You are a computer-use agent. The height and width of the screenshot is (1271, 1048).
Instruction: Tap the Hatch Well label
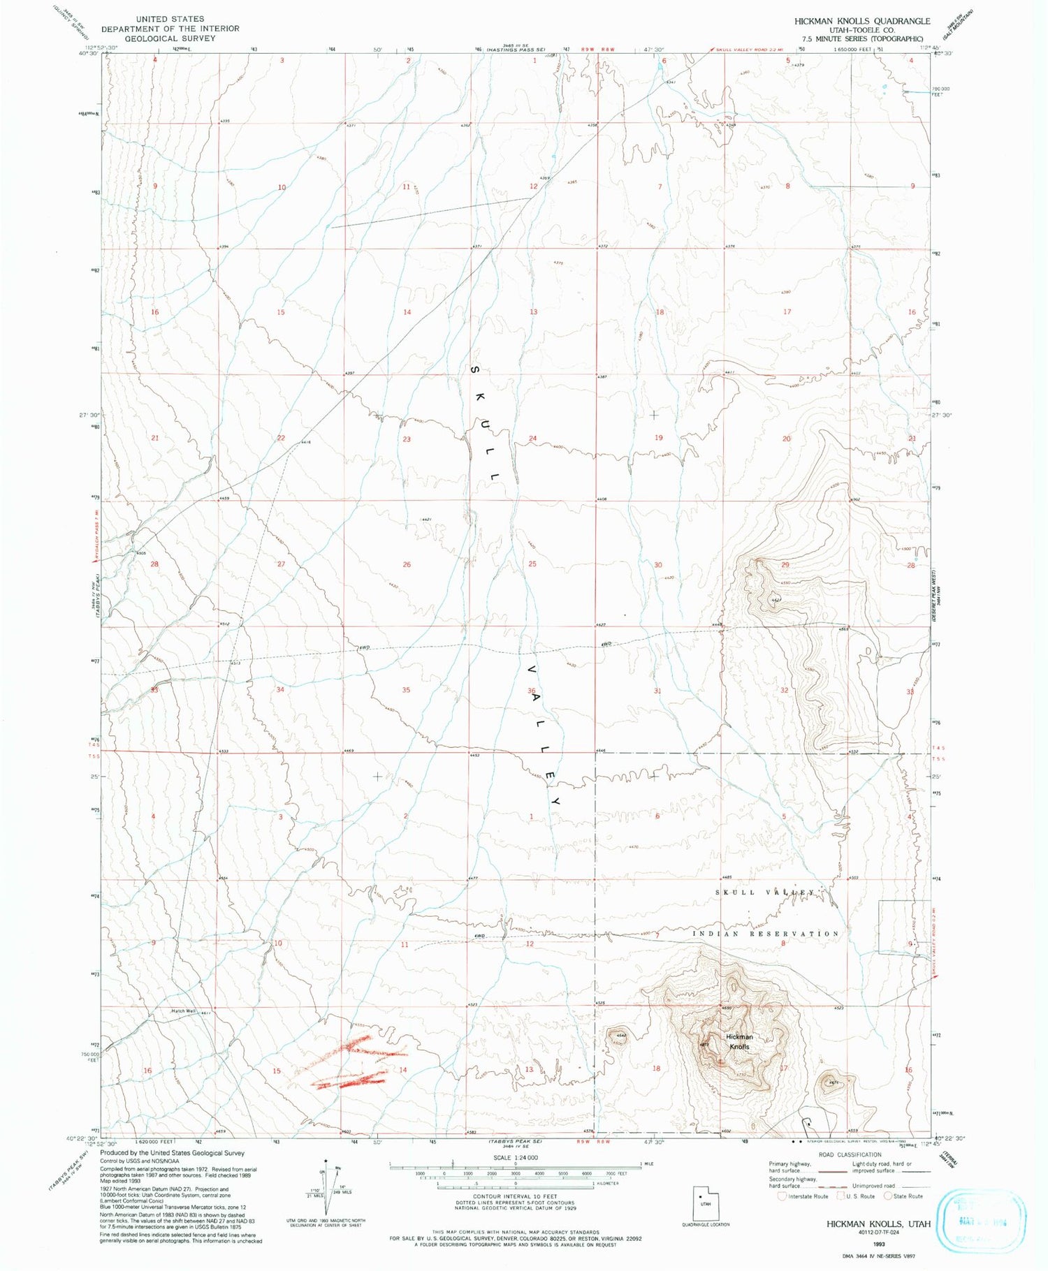tap(184, 1011)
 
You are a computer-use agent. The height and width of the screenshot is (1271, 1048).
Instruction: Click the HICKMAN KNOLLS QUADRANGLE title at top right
tap(861, 22)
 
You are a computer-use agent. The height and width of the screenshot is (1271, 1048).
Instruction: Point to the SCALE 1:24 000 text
tap(514, 1157)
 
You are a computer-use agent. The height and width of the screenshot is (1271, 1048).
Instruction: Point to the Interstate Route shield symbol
tap(783, 1196)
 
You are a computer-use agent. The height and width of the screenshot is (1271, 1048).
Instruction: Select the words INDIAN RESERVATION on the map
tap(766, 934)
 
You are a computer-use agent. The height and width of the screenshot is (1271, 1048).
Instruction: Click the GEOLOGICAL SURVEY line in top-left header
tap(170, 38)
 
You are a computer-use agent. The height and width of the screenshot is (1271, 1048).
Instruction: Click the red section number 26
tap(407, 564)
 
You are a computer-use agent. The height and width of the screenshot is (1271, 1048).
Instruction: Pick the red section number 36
tap(532, 691)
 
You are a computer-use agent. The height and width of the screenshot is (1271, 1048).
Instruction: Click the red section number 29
tap(785, 564)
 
